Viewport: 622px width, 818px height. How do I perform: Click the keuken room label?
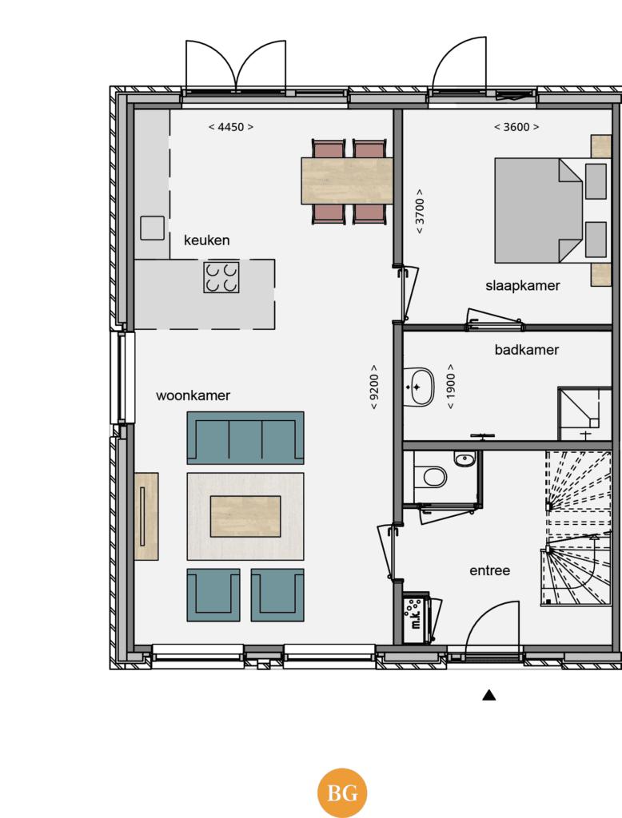(207, 240)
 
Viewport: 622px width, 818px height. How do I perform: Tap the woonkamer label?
(193, 395)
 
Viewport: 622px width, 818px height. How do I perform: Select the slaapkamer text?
(522, 286)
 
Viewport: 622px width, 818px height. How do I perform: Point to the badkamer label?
(526, 350)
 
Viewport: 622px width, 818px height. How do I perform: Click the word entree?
(489, 570)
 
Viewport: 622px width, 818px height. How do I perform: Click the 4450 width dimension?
(231, 127)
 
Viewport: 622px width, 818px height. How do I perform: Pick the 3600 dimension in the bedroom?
(516, 127)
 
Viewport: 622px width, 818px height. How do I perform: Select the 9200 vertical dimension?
(374, 387)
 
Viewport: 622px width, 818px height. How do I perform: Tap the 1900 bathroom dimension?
(451, 387)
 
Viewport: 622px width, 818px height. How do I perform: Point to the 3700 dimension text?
(420, 211)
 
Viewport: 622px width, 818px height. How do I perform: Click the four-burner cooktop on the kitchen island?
(221, 277)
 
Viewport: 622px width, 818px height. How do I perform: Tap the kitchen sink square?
(152, 228)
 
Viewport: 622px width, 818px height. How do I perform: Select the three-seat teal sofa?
(245, 438)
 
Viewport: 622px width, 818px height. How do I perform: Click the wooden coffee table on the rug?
(245, 517)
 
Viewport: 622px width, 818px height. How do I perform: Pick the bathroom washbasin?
(420, 387)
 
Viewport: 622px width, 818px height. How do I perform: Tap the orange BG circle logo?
(342, 793)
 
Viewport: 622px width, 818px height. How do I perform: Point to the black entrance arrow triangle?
(488, 695)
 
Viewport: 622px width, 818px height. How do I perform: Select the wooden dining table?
(347, 181)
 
